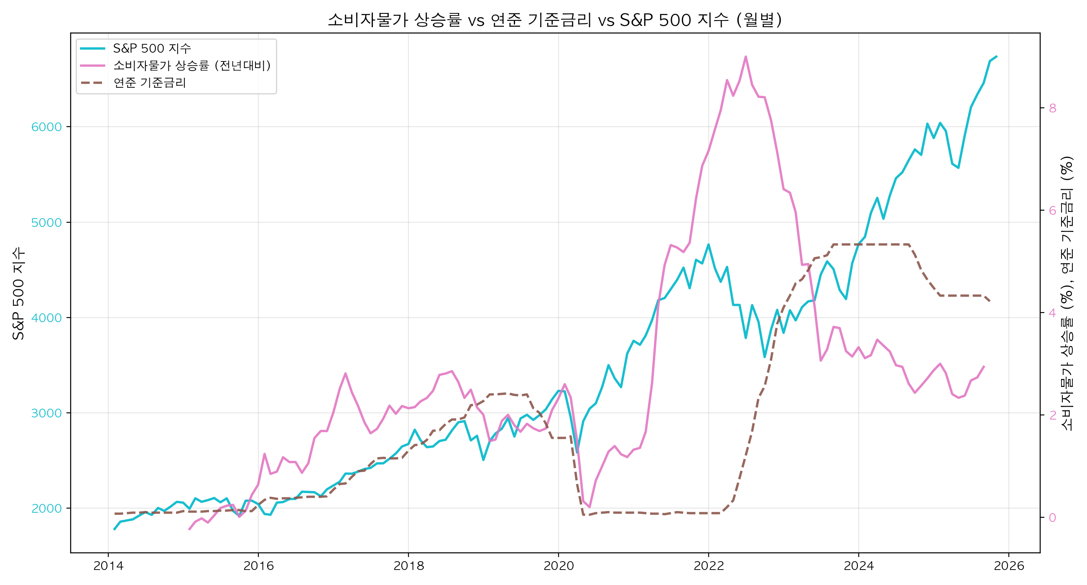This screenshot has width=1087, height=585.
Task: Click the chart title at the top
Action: [554, 20]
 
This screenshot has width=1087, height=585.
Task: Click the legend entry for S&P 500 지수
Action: [152, 48]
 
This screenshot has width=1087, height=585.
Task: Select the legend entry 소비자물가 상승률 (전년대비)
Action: [191, 65]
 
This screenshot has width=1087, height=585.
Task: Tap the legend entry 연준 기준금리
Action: [149, 83]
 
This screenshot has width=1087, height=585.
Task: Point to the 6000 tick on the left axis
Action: [46, 127]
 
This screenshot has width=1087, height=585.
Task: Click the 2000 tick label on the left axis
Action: [46, 509]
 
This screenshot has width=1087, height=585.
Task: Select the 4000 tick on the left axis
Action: [46, 318]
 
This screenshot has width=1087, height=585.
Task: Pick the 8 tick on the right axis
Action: [1052, 108]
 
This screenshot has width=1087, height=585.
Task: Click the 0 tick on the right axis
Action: [1052, 518]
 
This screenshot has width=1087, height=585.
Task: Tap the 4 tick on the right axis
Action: [1052, 313]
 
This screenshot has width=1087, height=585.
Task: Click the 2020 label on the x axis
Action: [558, 566]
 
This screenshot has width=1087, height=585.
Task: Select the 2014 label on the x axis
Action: [108, 566]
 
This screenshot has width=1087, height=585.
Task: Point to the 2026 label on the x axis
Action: [1008, 566]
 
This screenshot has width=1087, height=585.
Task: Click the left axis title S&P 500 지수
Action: [18, 294]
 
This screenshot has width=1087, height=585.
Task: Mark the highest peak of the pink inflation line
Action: [745, 56]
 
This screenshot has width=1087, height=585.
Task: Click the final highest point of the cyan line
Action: [997, 56]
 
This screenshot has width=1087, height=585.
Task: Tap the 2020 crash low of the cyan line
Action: [577, 452]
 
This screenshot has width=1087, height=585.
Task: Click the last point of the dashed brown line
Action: [990, 301]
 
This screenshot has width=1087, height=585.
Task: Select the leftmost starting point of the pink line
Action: [189, 529]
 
